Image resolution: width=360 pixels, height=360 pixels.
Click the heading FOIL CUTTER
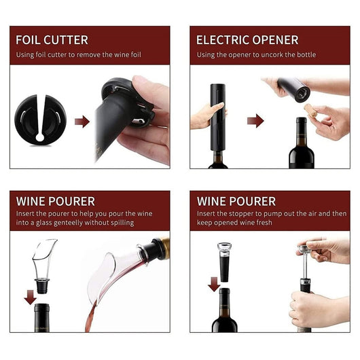[x=52, y=40]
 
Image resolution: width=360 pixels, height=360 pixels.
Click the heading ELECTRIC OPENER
[x=247, y=40]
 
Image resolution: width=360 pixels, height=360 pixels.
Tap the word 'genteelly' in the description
[x=68, y=223]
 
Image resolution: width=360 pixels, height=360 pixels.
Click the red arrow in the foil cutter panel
[x=82, y=122]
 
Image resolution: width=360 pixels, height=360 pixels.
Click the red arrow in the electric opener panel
[x=255, y=121]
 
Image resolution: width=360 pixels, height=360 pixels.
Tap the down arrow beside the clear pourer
[x=31, y=298]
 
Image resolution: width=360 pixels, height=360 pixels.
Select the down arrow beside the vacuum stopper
[x=214, y=284]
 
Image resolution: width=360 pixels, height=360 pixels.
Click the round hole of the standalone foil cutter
[x=40, y=137]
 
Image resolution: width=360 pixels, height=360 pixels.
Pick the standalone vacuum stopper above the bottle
[x=224, y=262]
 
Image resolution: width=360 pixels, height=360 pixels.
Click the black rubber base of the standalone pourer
[x=42, y=286]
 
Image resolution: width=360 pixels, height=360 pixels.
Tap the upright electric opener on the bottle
[x=217, y=118]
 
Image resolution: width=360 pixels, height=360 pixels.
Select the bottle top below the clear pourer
[x=42, y=318]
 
